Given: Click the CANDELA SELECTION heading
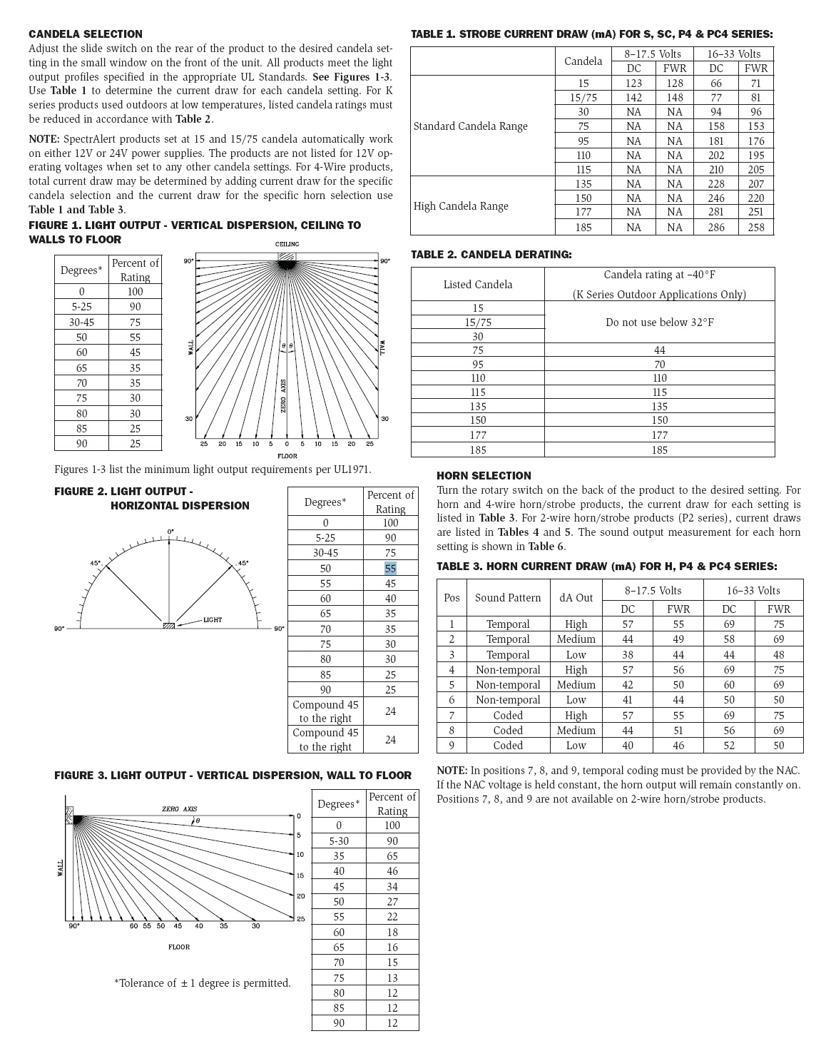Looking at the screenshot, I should coord(86,34).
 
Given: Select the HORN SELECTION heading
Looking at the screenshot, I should coord(484,475).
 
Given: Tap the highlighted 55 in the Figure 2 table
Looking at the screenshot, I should coord(390,568).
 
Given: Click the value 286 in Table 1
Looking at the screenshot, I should coord(716,227).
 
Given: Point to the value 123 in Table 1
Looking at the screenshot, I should coord(633,83).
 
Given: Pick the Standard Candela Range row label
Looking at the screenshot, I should coord(471,126).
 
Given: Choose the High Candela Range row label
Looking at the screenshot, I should coord(461,206).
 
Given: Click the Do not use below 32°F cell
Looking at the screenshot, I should coord(659,322).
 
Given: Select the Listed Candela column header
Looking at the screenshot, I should coord(477,284).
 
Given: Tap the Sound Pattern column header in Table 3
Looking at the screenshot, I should coord(508,598).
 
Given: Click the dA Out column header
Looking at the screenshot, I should coord(576,598).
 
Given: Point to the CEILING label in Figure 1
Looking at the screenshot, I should coord(287,245).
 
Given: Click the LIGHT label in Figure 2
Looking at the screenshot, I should coord(213,619).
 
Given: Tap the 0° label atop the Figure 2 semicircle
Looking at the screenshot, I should coord(170,532).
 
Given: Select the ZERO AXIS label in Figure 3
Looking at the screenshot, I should coord(179,809).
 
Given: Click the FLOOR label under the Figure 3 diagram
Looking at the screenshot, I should coord(179,947).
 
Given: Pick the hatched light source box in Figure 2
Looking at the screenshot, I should coord(169,626).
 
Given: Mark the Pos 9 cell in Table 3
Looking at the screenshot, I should coord(452,746).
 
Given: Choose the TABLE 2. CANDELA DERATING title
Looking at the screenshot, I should coord(491,254).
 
